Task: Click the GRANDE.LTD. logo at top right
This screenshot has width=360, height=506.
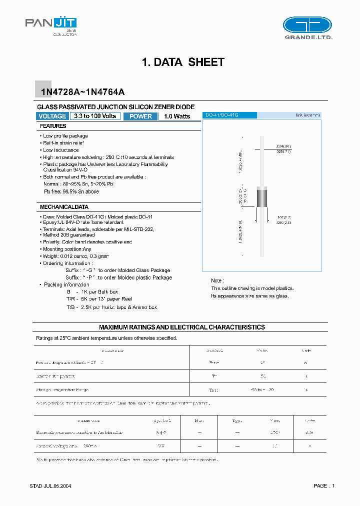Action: [307, 28]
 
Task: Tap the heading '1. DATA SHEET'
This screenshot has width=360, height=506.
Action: [183, 62]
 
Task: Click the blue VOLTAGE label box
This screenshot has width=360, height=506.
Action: [52, 116]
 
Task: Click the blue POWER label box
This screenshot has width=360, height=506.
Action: [140, 116]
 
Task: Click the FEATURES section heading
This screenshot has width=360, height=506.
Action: [53, 126]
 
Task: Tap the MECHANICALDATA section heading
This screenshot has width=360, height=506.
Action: [64, 206]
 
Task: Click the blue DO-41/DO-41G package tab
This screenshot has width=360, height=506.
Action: [230, 115]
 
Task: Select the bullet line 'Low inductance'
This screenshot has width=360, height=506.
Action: [60, 150]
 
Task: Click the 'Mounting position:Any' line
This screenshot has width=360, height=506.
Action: [67, 249]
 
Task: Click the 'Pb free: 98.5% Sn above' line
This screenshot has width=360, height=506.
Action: [71, 191]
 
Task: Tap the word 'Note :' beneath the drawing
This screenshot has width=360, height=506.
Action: [217, 281]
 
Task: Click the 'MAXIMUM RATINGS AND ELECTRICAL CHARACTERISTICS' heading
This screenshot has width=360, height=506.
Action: [182, 327]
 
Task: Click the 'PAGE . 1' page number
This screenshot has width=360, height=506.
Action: [324, 485]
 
